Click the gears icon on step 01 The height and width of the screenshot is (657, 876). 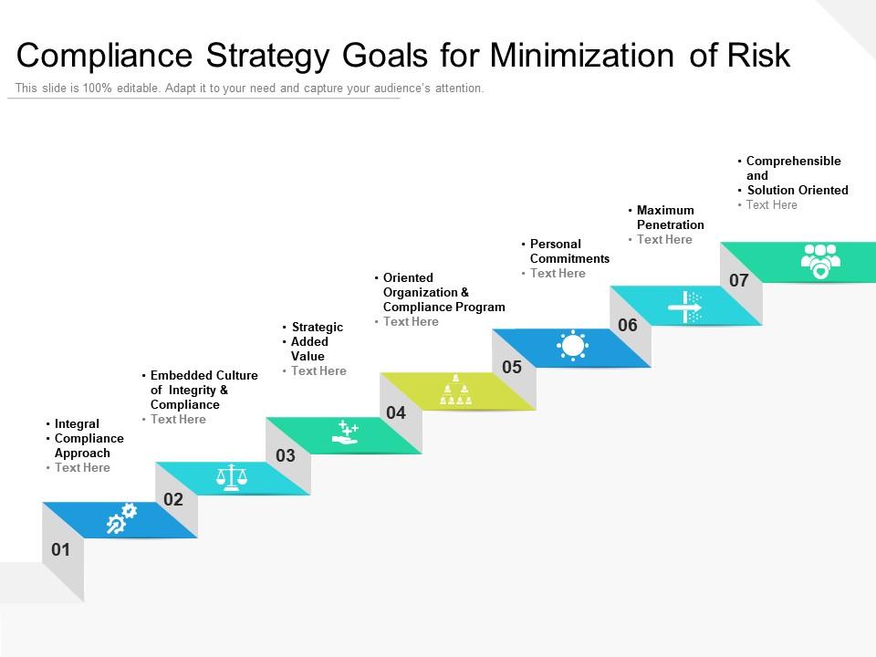(120, 518)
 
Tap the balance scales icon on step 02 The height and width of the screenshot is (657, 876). (231, 477)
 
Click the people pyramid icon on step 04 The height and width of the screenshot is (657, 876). (455, 391)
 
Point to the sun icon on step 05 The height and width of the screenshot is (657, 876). (572, 347)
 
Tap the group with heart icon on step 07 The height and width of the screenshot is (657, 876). (819, 260)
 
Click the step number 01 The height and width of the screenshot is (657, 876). (60, 549)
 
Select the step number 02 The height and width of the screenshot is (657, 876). (173, 499)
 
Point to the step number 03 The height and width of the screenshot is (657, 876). (286, 455)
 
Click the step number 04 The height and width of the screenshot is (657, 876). (396, 412)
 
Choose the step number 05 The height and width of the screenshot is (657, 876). (512, 367)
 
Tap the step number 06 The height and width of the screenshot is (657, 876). (628, 325)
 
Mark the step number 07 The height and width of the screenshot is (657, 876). (739, 280)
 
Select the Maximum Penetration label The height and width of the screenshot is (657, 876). (670, 217)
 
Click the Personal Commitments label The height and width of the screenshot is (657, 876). (568, 251)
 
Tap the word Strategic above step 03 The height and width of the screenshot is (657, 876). (317, 327)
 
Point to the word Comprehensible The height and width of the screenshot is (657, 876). (793, 161)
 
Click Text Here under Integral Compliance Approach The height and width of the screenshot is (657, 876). (82, 467)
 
